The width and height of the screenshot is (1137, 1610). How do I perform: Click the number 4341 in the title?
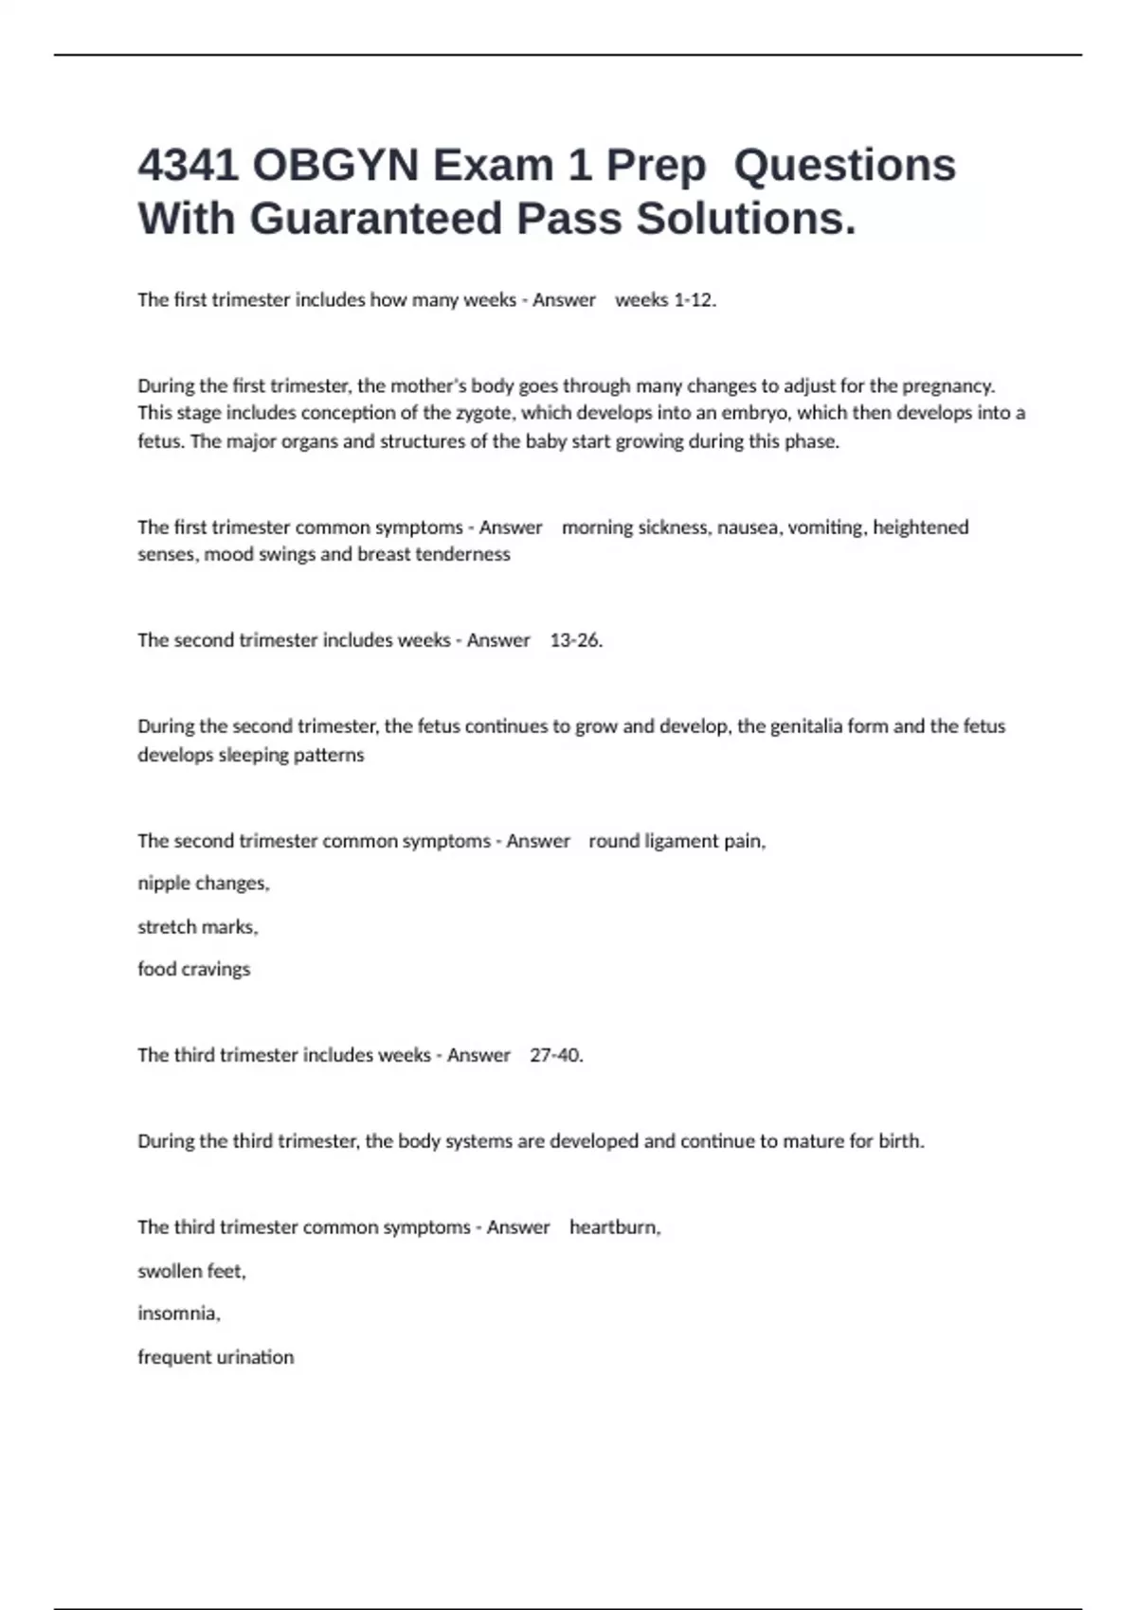(187, 166)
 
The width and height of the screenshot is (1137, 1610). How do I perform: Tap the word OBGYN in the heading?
(335, 166)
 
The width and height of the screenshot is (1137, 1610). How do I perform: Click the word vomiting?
(825, 528)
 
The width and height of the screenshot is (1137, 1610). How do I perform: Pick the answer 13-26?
(576, 640)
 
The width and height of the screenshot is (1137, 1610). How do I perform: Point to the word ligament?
(681, 841)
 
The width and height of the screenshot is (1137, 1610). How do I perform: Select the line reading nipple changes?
(204, 884)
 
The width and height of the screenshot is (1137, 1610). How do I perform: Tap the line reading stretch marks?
(198, 927)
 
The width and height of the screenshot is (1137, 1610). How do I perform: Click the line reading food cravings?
(194, 969)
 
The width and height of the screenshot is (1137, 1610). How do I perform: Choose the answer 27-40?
(556, 1055)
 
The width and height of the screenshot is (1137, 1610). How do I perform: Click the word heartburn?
(614, 1227)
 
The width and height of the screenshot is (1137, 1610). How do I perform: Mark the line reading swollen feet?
(191, 1271)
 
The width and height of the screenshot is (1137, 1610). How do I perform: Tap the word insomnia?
(178, 1314)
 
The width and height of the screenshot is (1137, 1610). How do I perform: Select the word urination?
(255, 1357)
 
